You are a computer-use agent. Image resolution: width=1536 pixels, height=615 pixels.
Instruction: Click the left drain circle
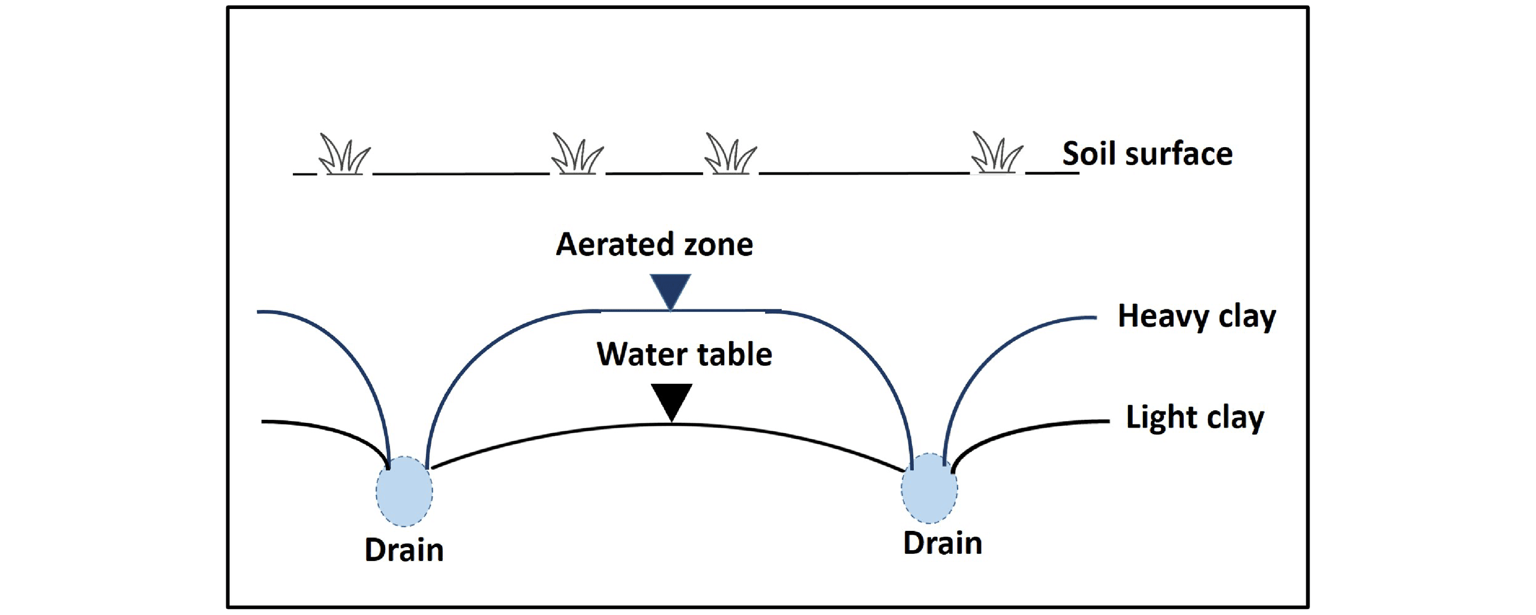pos(404,491)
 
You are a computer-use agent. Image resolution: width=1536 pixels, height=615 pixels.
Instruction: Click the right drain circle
pos(929,488)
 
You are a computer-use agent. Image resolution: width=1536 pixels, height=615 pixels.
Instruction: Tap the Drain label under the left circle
pos(404,550)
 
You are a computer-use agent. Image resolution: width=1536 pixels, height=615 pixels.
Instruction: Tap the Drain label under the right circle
pos(943,543)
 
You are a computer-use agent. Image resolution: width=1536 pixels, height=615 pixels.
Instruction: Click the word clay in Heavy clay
pos(1247,317)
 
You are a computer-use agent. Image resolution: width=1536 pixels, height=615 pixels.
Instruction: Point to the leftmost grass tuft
pos(344,154)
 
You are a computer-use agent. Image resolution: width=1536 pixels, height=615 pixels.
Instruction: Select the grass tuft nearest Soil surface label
pos(997,153)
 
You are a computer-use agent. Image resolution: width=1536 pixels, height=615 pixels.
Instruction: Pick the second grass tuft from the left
pos(577,154)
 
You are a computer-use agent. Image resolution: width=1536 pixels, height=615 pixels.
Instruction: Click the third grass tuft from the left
pos(730,154)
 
